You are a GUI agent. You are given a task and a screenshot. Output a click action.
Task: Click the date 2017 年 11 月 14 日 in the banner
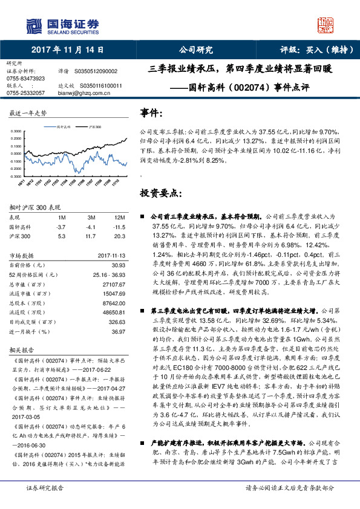pyautogui.click(x=66, y=50)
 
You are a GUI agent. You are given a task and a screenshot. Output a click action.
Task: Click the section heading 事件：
pyautogui.click(x=152, y=113)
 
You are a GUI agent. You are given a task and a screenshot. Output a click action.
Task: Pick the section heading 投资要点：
pyautogui.click(x=160, y=193)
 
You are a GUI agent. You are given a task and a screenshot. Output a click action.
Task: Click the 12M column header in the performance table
pyautogui.click(x=119, y=216)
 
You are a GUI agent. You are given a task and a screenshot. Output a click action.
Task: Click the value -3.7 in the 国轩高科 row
pyautogui.click(x=61, y=226)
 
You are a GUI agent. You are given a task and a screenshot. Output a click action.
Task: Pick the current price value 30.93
pyautogui.click(x=119, y=265)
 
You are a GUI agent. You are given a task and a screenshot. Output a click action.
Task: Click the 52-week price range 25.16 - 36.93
pyautogui.click(x=109, y=274)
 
